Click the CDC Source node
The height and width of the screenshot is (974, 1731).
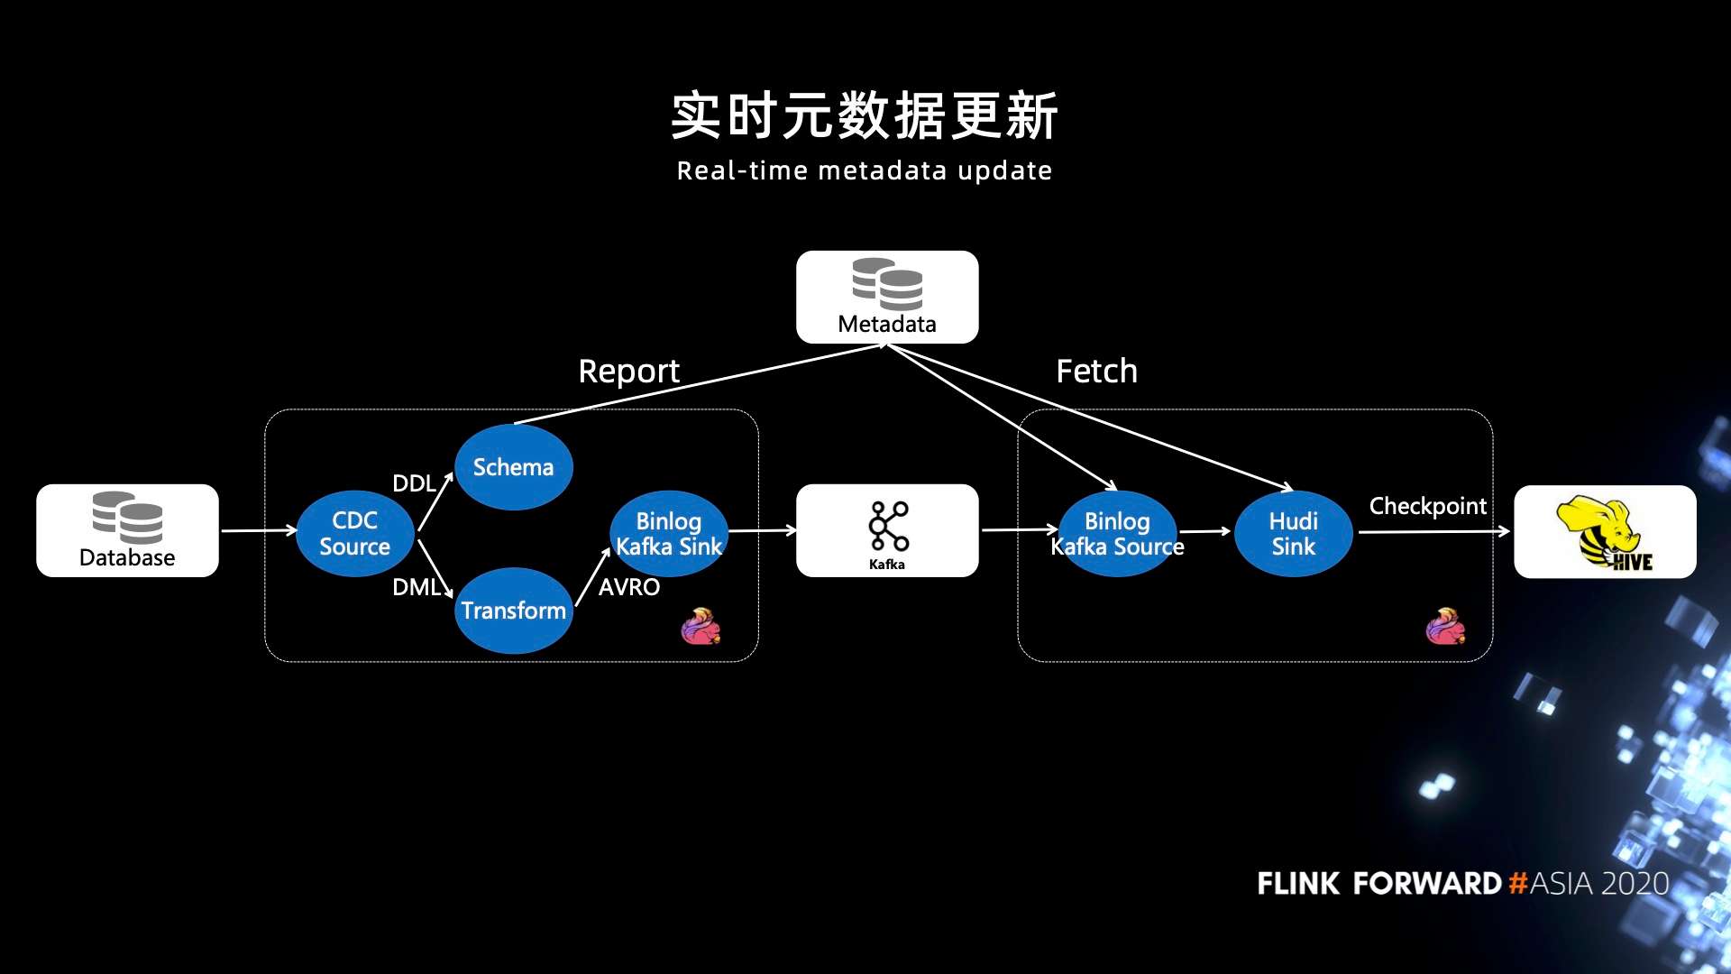coord(354,533)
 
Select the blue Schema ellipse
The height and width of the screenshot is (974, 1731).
coord(513,467)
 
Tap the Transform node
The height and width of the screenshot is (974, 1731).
coord(513,611)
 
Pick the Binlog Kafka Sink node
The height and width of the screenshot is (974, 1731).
coord(668,533)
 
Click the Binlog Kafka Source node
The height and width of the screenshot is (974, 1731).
coord(1117,533)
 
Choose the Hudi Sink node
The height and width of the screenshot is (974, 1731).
coord(1293,533)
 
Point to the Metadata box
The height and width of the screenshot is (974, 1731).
coord(887,297)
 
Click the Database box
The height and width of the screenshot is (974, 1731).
coord(127,531)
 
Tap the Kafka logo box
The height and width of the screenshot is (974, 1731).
coord(887,530)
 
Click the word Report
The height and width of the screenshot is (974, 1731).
coord(628,371)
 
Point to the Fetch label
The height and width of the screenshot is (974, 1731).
coord(1096,371)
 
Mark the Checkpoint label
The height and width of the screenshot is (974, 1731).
coord(1427,506)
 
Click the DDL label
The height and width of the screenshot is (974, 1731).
coord(414,483)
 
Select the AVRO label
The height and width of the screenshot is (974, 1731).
coord(628,587)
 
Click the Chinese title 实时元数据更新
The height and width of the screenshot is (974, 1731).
coord(865,115)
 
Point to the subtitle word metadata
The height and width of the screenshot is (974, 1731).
coord(883,170)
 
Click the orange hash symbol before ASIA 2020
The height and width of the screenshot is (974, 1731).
coord(1517,883)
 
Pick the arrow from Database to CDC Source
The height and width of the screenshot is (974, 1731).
coord(258,530)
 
